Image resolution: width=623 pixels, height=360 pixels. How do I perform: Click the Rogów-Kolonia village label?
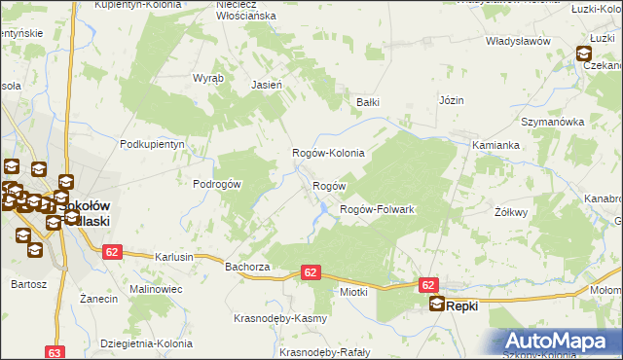329,154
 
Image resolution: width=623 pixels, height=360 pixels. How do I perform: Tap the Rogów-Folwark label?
377,210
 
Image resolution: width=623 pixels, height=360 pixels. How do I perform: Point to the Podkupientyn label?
152,144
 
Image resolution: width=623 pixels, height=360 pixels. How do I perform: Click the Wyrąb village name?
208,77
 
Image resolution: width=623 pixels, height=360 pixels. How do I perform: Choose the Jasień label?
267,85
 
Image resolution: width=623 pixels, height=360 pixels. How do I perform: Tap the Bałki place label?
367,101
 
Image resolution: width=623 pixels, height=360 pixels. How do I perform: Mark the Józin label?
451,100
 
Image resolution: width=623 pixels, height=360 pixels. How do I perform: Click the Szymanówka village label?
551,122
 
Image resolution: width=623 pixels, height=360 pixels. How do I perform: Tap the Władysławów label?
519,42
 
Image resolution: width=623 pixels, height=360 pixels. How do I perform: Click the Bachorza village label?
246,266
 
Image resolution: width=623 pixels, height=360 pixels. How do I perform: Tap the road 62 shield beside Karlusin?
111,252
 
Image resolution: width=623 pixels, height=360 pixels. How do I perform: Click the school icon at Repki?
438,305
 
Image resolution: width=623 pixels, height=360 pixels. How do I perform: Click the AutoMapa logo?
559,341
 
